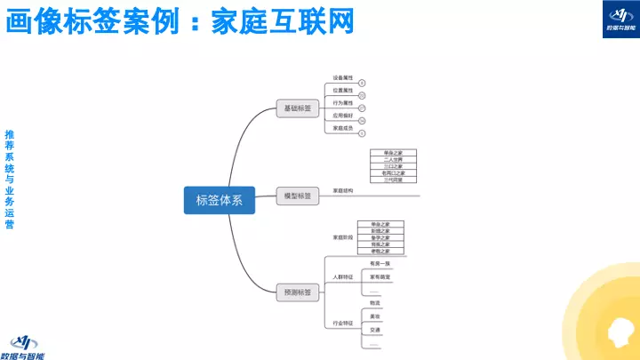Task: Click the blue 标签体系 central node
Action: [219, 200]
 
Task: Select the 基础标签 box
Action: [297, 108]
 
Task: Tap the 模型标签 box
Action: [297, 196]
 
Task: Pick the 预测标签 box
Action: [297, 292]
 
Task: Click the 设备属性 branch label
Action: [343, 77]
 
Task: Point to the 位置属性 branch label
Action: [343, 90]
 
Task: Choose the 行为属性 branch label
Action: [343, 102]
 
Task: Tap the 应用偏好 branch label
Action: [343, 115]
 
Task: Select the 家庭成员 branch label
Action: [343, 128]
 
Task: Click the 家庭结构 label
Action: [343, 190]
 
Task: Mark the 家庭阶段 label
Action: [343, 237]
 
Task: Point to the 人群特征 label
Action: [343, 277]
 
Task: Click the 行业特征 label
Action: [343, 322]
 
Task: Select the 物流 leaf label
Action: [375, 303]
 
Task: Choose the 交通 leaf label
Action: [375, 330]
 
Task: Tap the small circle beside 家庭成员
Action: [363, 132]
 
